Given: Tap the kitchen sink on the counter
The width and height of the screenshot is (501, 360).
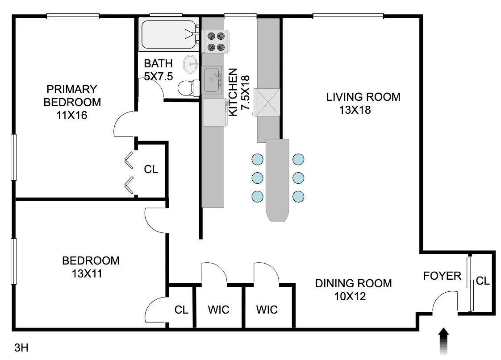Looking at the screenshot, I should [212, 80].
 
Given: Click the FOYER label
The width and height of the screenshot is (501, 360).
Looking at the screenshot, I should [442, 276].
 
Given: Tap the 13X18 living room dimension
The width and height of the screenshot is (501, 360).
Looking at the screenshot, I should [355, 110].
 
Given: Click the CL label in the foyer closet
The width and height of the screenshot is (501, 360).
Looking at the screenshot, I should [482, 281].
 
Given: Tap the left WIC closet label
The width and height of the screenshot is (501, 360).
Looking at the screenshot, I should [219, 309].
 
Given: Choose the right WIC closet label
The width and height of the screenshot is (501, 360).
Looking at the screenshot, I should [267, 309].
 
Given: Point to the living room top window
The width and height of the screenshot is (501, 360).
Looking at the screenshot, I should [348, 17].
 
